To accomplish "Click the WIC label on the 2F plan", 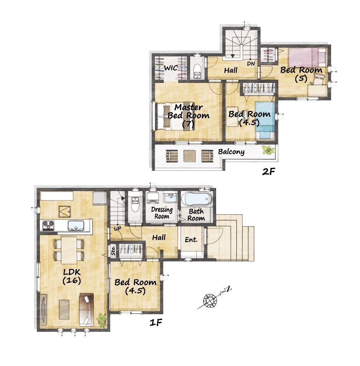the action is tap(171, 68).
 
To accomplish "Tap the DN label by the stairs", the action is tap(251, 63).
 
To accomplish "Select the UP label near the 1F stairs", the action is tap(117, 228).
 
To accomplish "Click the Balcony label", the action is tap(231, 152).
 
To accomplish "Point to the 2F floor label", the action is tap(268, 172).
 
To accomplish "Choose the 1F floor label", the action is tap(156, 322).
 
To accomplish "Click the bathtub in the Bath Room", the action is tap(197, 199).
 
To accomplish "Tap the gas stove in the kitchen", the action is tap(49, 225).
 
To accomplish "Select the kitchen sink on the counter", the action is tap(76, 225).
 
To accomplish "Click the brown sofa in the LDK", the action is tap(86, 310).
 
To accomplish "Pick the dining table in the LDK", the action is tap(69, 250).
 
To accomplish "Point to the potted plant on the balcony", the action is tap(268, 150).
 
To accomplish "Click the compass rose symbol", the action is tap(210, 300).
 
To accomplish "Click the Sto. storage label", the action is tap(113, 250).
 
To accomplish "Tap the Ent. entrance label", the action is tap(191, 240).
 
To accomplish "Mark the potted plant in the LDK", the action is tap(102, 319).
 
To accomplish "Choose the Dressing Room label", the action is tap(162, 213).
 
